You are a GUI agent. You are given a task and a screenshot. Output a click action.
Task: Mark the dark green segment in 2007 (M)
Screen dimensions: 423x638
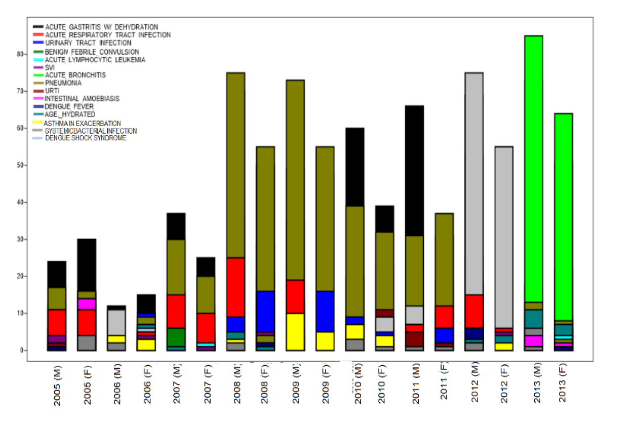[x=177, y=337]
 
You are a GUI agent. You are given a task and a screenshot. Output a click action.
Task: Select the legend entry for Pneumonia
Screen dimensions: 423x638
[x=63, y=83]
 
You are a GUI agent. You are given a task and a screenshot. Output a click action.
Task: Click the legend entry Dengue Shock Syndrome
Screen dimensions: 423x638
[x=85, y=138]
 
